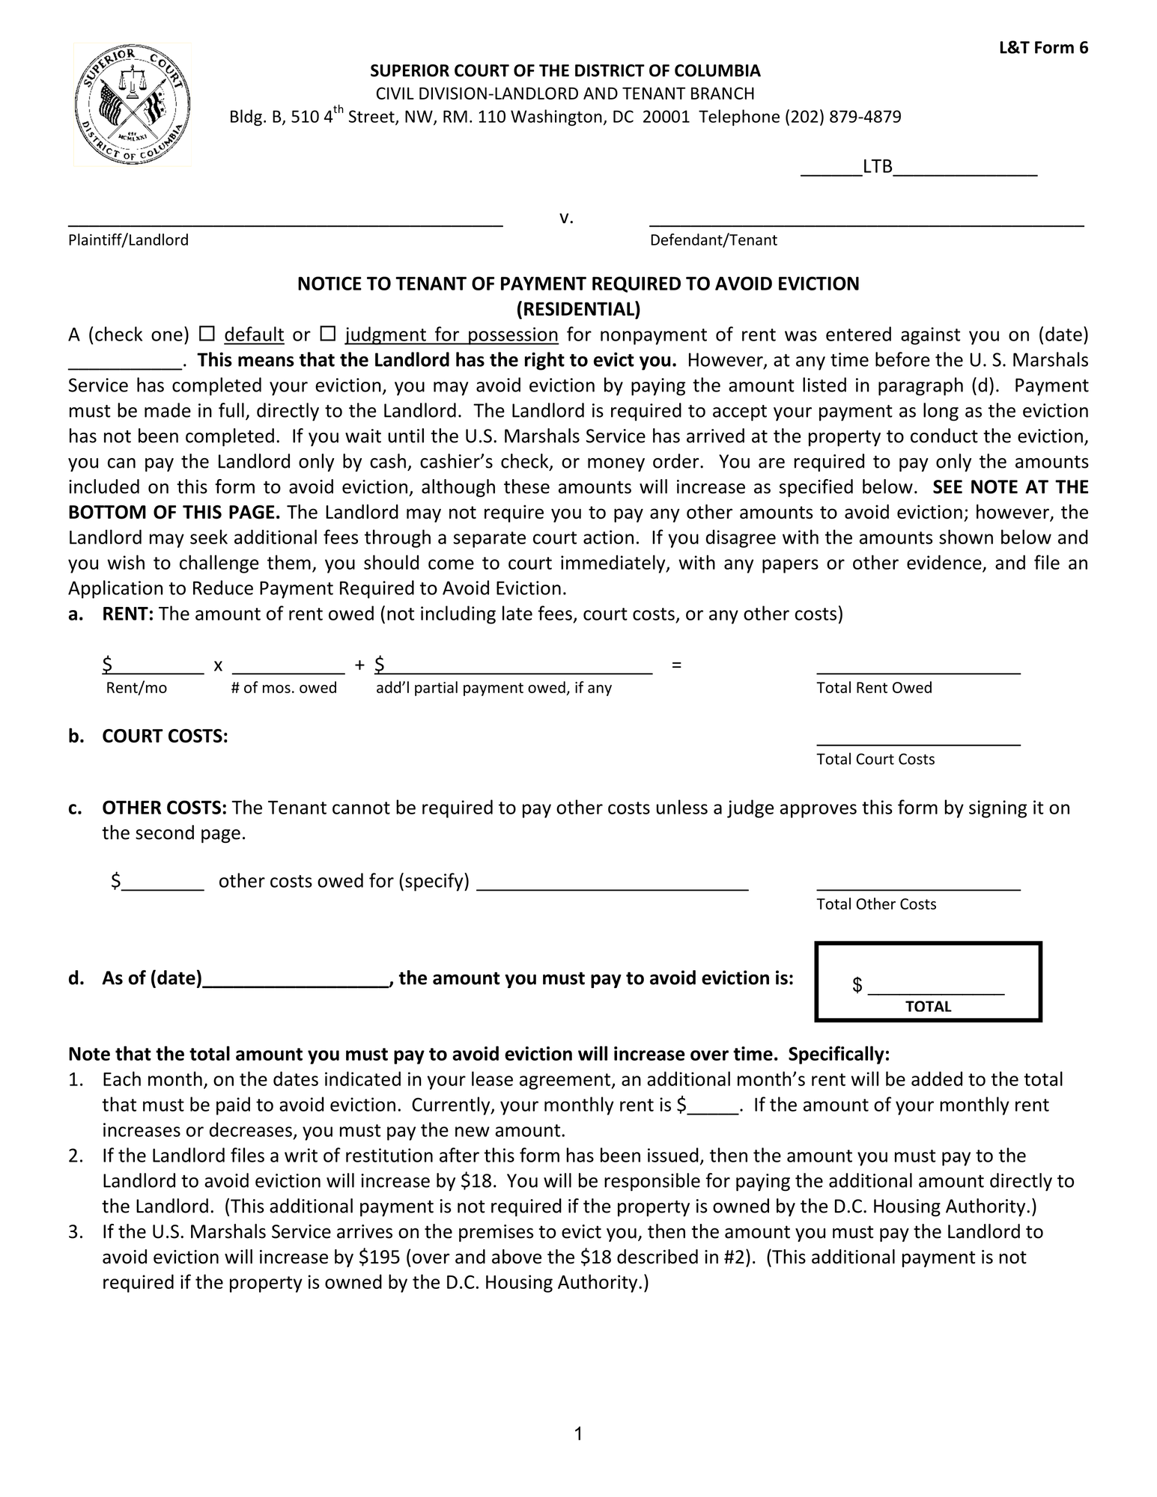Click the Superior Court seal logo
coord(133,104)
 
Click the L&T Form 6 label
coord(1043,48)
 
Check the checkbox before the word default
coord(208,334)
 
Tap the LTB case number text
coord(878,167)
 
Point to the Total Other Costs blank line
coord(918,883)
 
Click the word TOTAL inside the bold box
coord(928,1007)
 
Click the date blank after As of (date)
coord(296,979)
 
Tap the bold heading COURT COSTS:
coord(165,737)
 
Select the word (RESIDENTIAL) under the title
coord(578,309)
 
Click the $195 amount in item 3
coord(379,1257)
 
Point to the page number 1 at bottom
coord(578,1433)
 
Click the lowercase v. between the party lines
coord(566,218)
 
